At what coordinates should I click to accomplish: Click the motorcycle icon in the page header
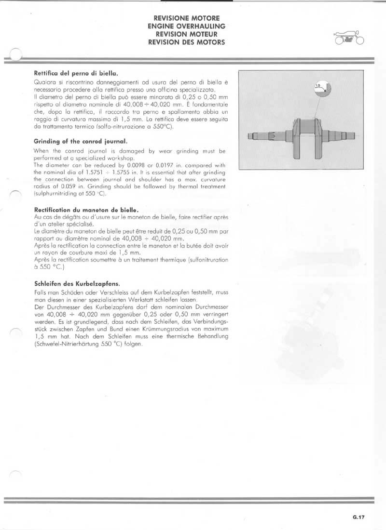coord(349,38)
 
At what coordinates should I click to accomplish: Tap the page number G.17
coord(358,517)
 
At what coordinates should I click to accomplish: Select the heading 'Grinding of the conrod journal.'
coord(81,142)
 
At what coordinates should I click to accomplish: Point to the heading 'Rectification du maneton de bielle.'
coord(86,210)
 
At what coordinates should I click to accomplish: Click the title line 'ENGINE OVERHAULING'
coord(186,26)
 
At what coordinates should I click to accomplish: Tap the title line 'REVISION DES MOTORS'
coord(186,42)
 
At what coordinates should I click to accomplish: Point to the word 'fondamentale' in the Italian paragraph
coord(207,105)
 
